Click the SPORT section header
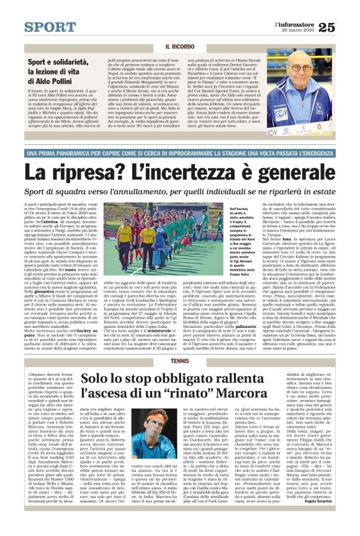(x=50, y=27)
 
